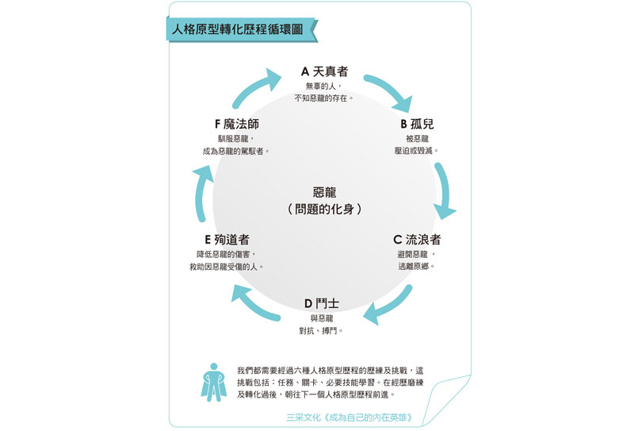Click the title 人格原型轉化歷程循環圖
[238, 29]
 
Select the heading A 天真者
[324, 71]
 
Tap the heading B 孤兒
[417, 124]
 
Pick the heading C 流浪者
[417, 240]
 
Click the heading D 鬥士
[322, 304]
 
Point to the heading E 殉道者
[227, 240]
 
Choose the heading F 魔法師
[237, 124]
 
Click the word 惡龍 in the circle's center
[324, 192]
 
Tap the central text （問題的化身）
[324, 209]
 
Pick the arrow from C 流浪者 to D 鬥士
[389, 306]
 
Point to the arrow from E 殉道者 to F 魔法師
[201, 193]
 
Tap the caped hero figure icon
[213, 383]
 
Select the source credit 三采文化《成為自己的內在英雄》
[350, 418]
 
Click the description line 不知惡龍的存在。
[323, 98]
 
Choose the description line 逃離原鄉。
[416, 267]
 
